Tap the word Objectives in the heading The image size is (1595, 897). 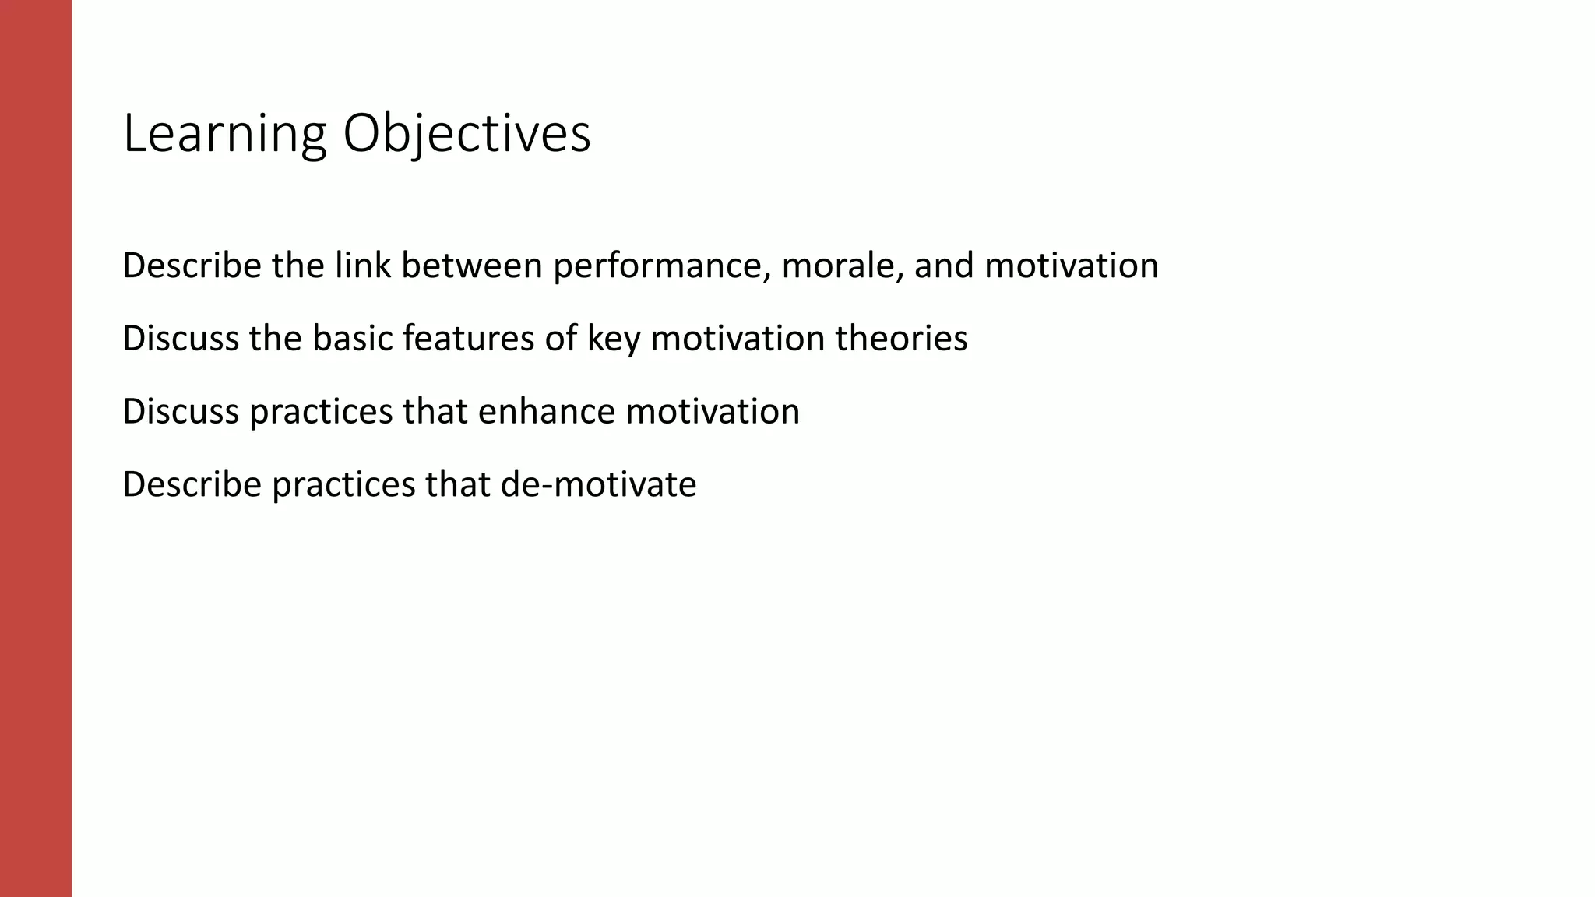(467, 134)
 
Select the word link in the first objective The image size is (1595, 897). (363, 266)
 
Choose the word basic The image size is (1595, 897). (353, 339)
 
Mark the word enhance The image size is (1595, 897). (546, 411)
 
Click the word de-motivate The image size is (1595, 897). (598, 484)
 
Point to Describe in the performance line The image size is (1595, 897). (192, 266)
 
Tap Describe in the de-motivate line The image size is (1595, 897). (192, 484)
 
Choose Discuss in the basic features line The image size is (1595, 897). (181, 339)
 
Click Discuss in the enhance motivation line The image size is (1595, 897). (181, 411)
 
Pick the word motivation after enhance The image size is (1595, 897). (713, 411)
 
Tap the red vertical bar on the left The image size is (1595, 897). (36, 448)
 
